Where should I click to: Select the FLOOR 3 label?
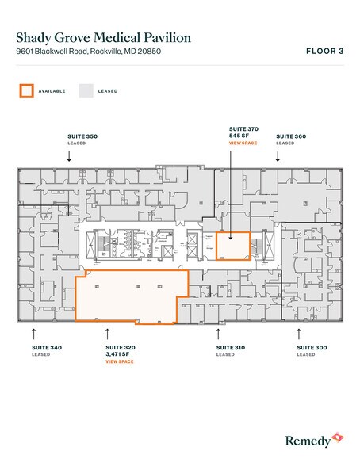[x=324, y=52]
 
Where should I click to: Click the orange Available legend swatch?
[x=27, y=91]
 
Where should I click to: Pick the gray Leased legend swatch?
[x=85, y=91]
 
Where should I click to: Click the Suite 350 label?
[x=82, y=137]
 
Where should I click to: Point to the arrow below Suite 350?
[x=70, y=156]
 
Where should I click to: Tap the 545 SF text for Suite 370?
[x=237, y=136]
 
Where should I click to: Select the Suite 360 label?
[x=291, y=137]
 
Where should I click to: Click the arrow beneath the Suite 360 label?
[x=278, y=156]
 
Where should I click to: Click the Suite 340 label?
[x=47, y=348]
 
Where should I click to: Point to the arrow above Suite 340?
[x=34, y=332]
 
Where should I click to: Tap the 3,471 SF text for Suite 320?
[x=121, y=354]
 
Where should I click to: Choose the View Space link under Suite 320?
[x=121, y=361]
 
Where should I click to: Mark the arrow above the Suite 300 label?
[x=300, y=332]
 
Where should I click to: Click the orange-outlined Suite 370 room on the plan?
[x=234, y=246]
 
